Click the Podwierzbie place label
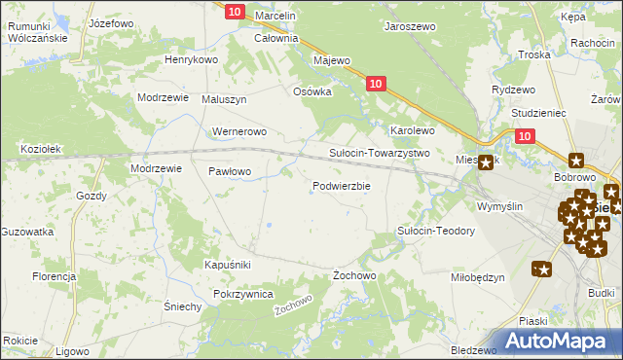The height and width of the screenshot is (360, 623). (x=341, y=187)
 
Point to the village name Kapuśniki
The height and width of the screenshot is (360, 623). (x=229, y=265)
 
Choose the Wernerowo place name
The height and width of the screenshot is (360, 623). (x=239, y=131)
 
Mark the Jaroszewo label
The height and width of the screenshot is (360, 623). (x=410, y=28)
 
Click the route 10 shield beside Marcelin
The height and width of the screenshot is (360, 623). (x=235, y=11)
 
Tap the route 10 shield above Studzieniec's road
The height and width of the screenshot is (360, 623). (x=525, y=137)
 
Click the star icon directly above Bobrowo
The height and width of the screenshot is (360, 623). (x=576, y=161)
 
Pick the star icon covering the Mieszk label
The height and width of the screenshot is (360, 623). (x=484, y=163)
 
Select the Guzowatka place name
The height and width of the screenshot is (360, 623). (x=26, y=232)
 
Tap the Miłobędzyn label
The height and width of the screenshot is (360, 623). (x=477, y=277)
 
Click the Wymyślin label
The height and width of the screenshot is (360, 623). (x=500, y=206)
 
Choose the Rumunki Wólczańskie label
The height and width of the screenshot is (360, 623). (x=36, y=32)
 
